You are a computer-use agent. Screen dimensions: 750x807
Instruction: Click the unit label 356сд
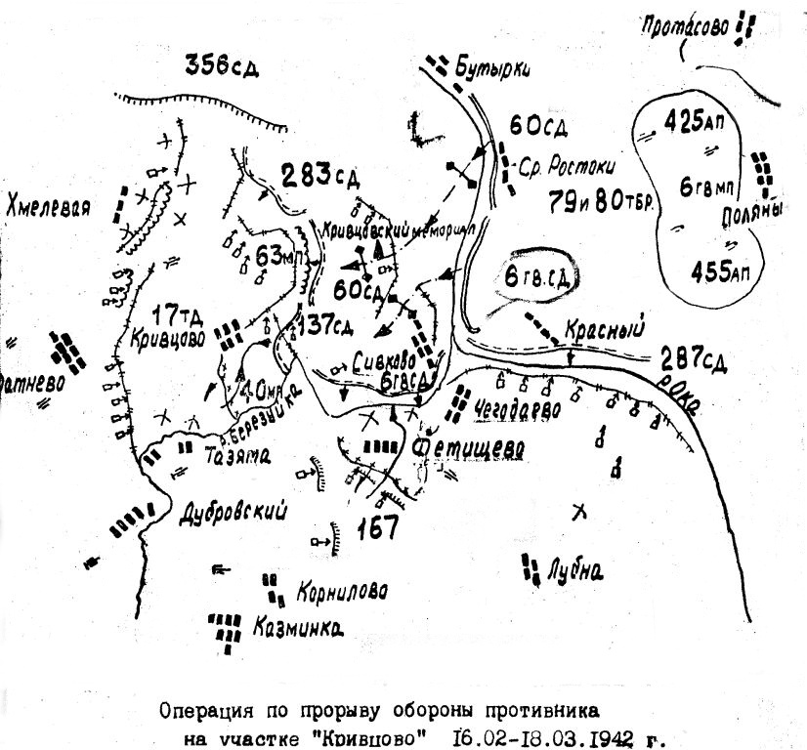(x=222, y=66)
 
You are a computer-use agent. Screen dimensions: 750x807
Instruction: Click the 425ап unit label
(x=696, y=122)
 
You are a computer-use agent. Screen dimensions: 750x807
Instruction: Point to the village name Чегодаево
(x=517, y=410)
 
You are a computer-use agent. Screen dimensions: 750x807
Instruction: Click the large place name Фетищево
(x=469, y=447)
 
